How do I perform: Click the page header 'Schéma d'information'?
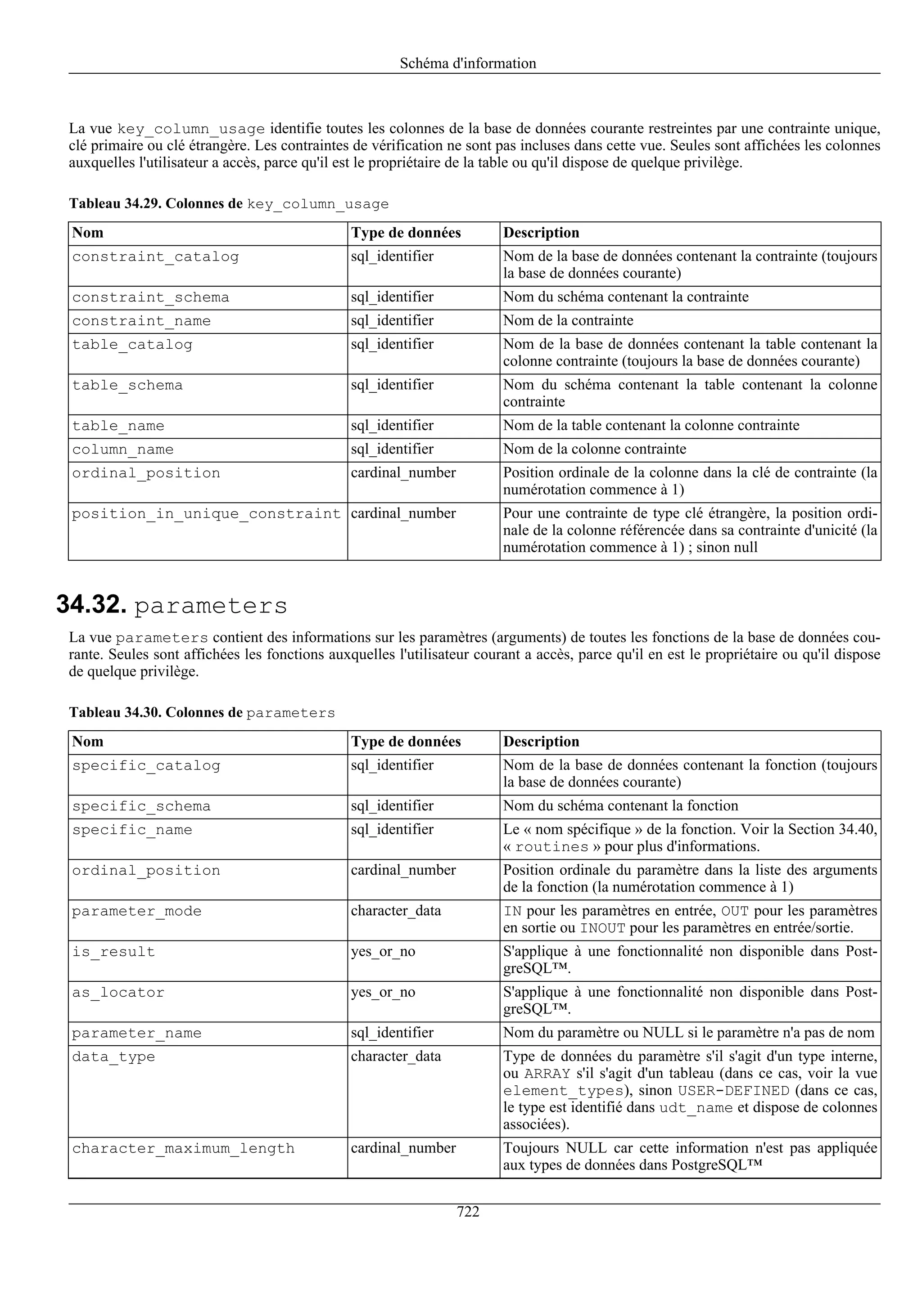468,63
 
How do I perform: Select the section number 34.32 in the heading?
91,605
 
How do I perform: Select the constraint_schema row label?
150,297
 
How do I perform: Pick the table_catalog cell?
132,345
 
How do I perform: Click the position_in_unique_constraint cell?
206,514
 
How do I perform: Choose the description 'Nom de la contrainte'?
568,321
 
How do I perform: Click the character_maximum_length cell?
183,1148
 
